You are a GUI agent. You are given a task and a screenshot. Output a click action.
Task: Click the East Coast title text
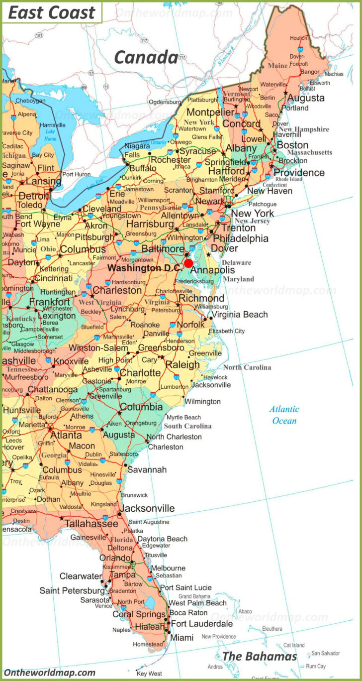point(51,13)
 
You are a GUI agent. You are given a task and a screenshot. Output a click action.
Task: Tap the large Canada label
point(146,57)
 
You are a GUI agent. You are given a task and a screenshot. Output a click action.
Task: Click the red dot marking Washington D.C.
point(188,263)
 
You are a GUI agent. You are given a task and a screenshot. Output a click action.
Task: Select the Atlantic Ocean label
point(284,415)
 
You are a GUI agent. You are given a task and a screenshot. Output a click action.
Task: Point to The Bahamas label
point(259,656)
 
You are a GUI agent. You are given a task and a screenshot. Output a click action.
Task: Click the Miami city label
point(181,637)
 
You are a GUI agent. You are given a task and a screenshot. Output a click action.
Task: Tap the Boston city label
point(292,145)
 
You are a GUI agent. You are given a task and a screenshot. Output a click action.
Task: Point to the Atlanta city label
point(66,435)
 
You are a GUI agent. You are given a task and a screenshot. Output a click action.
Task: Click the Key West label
point(149,674)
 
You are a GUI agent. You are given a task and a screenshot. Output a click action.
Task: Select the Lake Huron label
point(50,135)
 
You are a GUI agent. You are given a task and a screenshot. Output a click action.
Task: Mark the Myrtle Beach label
point(183,417)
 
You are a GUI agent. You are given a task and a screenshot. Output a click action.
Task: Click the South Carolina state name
point(187,426)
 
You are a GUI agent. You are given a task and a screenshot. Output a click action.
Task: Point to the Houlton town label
point(298,38)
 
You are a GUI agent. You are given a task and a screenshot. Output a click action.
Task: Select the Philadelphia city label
point(241,238)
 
